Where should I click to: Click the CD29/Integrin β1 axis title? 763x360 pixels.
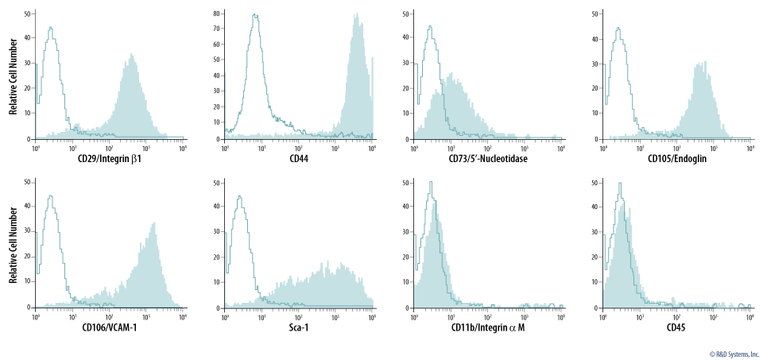(x=110, y=158)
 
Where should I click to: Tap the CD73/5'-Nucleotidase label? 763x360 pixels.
(x=488, y=158)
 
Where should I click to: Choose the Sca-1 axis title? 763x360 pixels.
(x=299, y=327)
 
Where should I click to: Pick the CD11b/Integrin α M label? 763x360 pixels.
(x=488, y=327)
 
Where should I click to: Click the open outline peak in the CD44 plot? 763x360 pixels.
(x=255, y=16)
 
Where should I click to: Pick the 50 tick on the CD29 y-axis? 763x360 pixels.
(x=28, y=14)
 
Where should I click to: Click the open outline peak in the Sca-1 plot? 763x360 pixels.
(x=241, y=199)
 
